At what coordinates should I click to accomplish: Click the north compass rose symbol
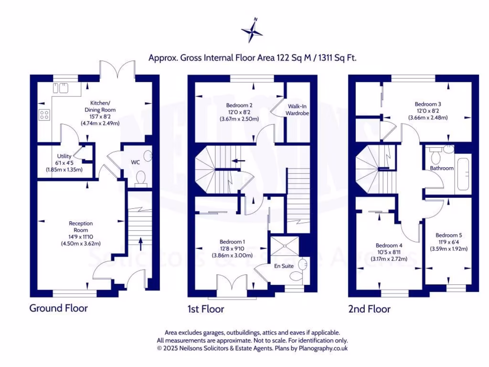(252, 31)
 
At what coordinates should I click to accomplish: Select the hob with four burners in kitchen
(45, 115)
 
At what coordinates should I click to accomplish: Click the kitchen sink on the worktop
(61, 87)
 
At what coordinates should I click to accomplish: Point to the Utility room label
(64, 156)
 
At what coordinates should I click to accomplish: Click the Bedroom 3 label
(427, 104)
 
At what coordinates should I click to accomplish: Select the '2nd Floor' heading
(369, 309)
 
